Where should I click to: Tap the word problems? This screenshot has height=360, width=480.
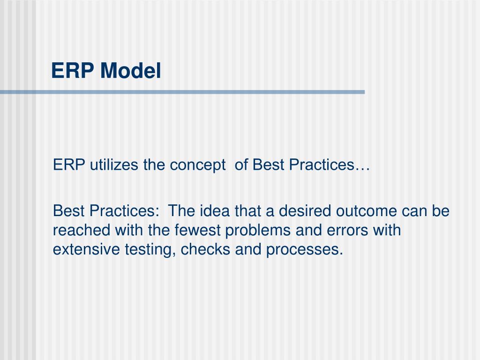(248, 231)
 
